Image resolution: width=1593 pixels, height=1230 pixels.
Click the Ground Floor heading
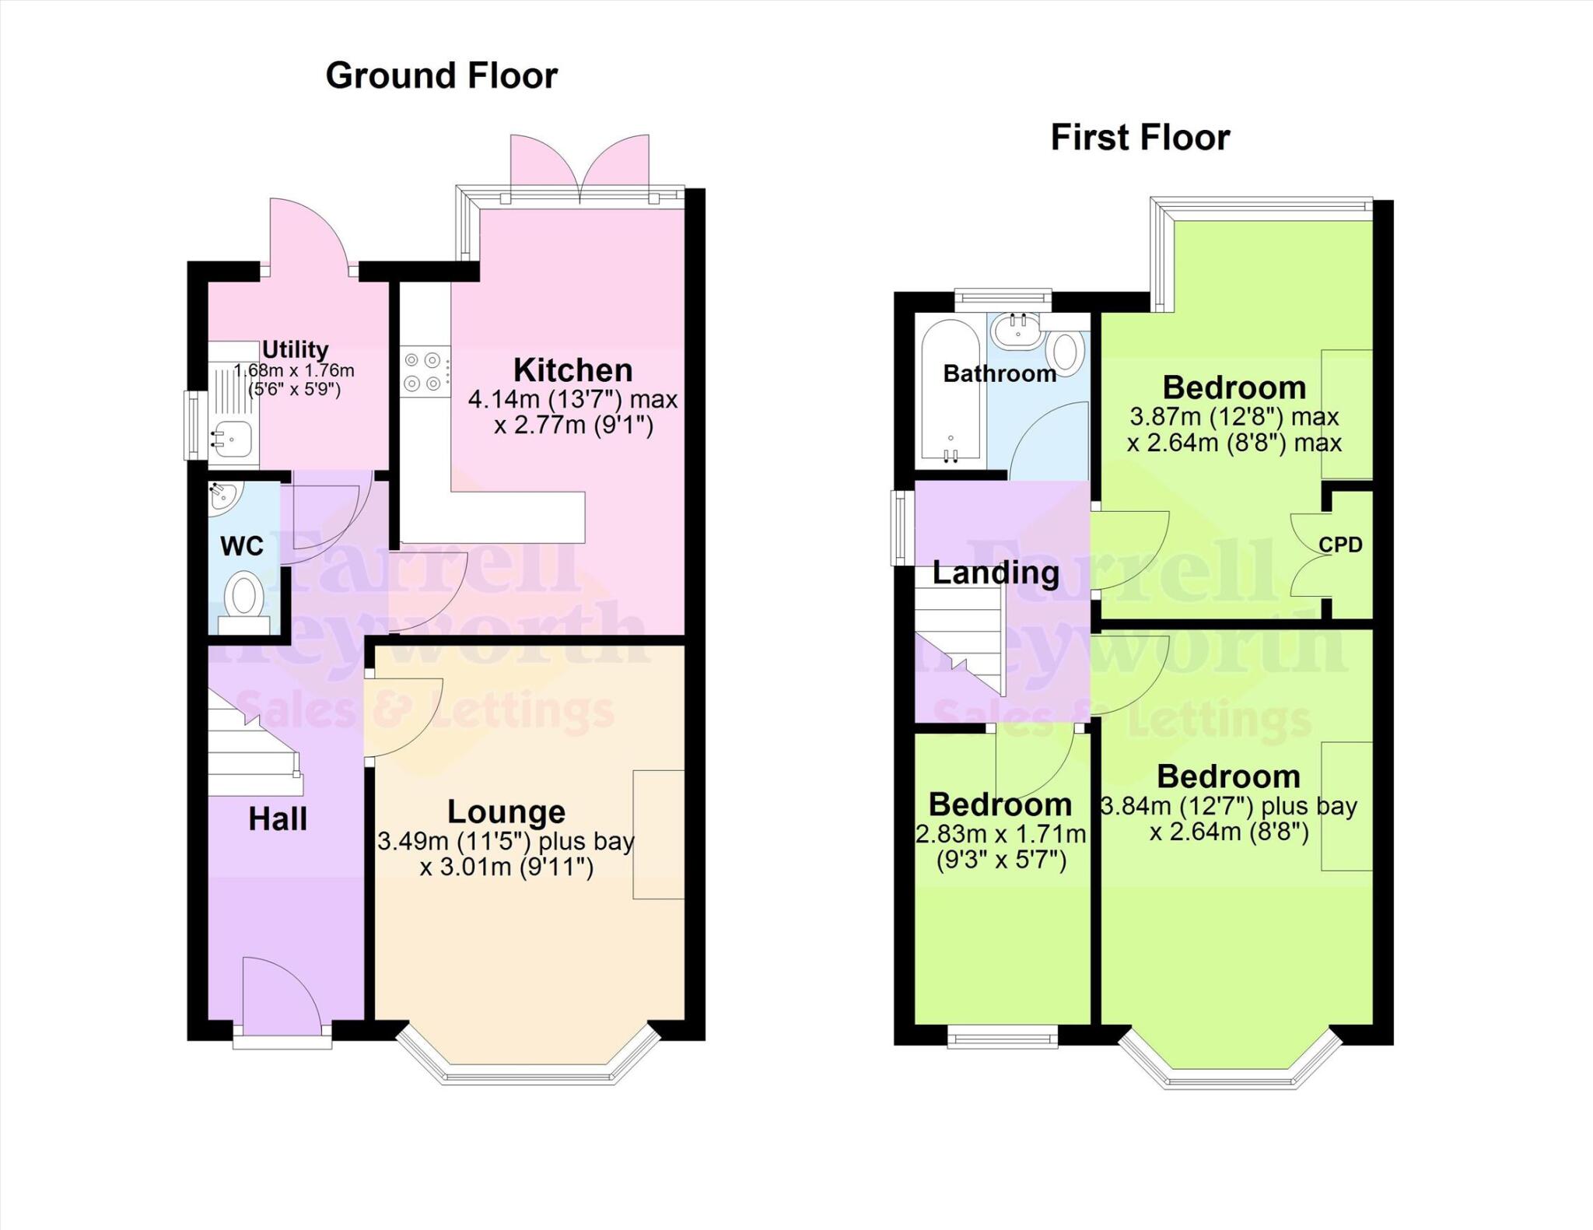(441, 76)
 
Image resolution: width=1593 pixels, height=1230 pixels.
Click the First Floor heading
(1140, 138)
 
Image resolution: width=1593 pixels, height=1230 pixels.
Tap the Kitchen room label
(572, 370)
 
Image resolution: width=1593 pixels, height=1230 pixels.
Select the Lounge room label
(506, 811)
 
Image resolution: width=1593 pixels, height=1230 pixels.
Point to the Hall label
(278, 818)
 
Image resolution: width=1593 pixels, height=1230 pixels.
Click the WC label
(242, 546)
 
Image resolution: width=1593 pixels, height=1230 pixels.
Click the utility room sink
(233, 438)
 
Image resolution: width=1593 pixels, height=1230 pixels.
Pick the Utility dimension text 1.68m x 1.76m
(294, 371)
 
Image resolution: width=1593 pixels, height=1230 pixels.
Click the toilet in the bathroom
(1065, 351)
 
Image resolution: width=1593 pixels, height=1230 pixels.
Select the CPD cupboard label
(1340, 545)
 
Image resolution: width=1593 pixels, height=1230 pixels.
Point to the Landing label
(996, 573)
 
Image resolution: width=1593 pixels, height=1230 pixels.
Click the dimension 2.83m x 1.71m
(1000, 834)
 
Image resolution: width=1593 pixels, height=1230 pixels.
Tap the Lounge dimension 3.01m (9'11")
(506, 866)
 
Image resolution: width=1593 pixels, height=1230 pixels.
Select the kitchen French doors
(579, 167)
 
